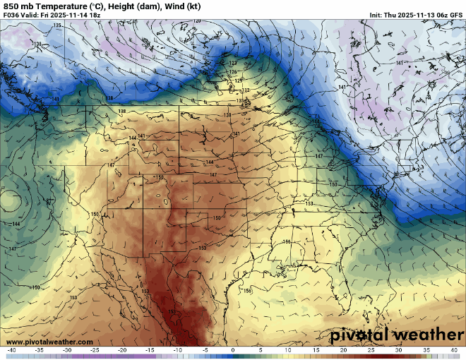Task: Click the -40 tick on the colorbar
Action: pos(11,350)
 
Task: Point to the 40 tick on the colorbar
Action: pos(454,350)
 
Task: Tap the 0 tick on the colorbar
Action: pos(232,350)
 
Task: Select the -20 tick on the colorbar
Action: pos(122,350)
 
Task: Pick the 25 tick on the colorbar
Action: pos(371,350)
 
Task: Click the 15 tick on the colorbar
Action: pos(316,350)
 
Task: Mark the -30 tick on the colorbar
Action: pos(67,350)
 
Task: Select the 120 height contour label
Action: pos(197,21)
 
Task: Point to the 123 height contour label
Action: pos(233,64)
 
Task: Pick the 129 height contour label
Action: pos(239,81)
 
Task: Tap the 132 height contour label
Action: pos(246,90)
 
